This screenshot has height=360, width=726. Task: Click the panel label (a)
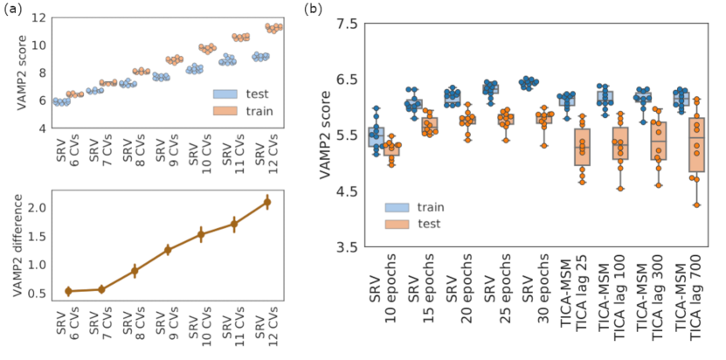point(10,10)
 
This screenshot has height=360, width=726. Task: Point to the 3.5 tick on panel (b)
point(346,247)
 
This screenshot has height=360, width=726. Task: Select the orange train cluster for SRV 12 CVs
point(274,28)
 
